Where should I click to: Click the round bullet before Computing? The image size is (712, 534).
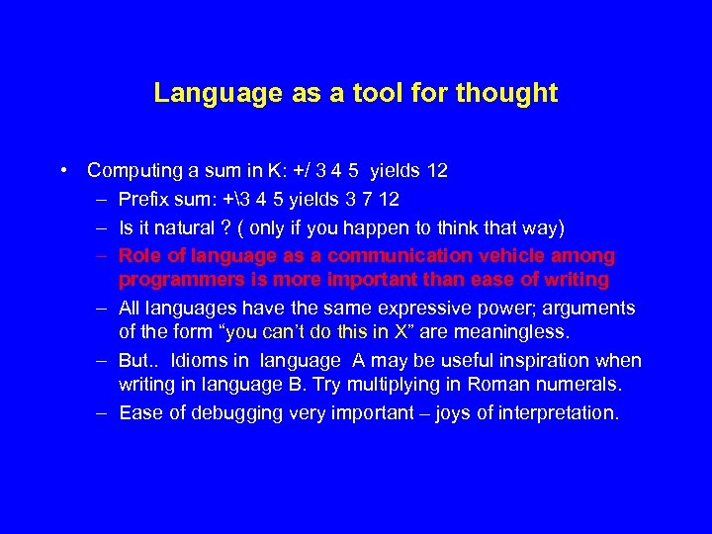click(x=62, y=170)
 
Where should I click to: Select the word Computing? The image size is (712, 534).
click(x=130, y=171)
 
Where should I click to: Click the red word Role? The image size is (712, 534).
click(x=139, y=256)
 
